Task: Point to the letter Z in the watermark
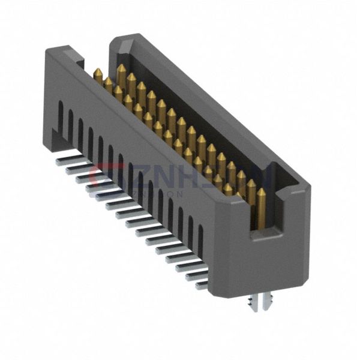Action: (137, 178)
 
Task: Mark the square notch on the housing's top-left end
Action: (79, 58)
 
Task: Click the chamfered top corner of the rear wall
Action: (123, 44)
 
